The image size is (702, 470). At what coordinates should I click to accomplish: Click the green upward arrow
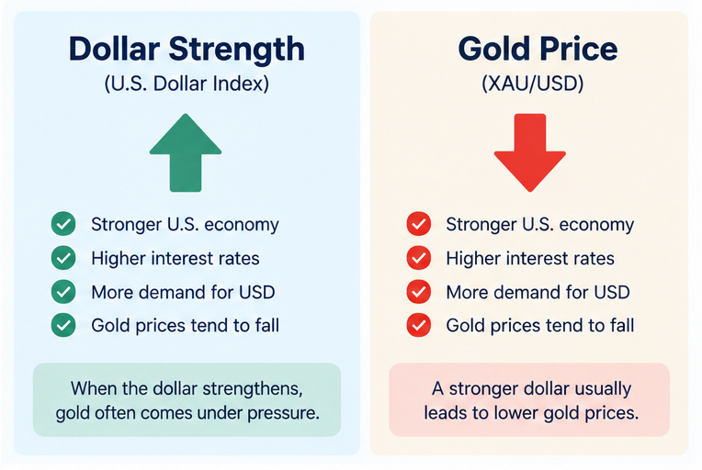pyautogui.click(x=186, y=154)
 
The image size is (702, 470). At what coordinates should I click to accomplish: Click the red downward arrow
pyautogui.click(x=530, y=154)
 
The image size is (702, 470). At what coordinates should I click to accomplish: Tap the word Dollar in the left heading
pyautogui.click(x=114, y=49)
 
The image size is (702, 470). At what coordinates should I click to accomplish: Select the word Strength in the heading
pyautogui.click(x=237, y=50)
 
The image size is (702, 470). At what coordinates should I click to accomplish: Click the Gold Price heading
pyautogui.click(x=538, y=49)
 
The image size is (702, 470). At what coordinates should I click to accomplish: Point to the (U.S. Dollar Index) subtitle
pyautogui.click(x=187, y=84)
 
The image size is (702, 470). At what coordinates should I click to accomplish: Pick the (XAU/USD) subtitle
pyautogui.click(x=533, y=84)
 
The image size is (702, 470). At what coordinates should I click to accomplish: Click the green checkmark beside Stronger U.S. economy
pyautogui.click(x=63, y=224)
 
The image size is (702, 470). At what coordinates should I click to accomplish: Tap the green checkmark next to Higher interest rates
pyautogui.click(x=63, y=258)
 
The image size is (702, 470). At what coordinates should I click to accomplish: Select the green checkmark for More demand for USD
pyautogui.click(x=63, y=292)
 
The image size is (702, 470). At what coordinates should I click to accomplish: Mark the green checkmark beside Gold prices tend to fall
pyautogui.click(x=63, y=325)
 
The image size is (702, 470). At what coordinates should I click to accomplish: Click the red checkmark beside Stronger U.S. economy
pyautogui.click(x=419, y=224)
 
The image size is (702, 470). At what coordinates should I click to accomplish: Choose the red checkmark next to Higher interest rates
pyautogui.click(x=419, y=258)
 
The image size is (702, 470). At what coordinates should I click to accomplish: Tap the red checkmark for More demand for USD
pyautogui.click(x=419, y=292)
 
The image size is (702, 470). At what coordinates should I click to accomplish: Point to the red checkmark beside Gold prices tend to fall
pyautogui.click(x=419, y=325)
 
